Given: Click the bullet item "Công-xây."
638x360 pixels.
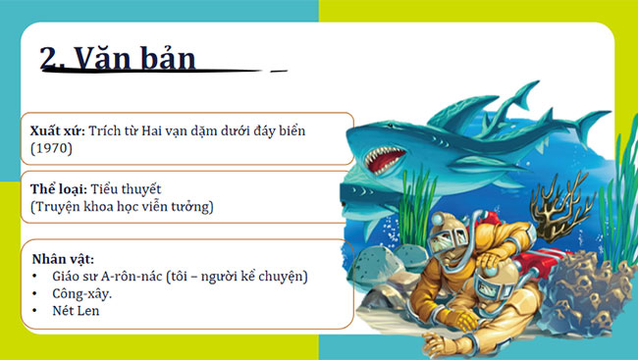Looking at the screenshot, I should [x=84, y=293].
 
